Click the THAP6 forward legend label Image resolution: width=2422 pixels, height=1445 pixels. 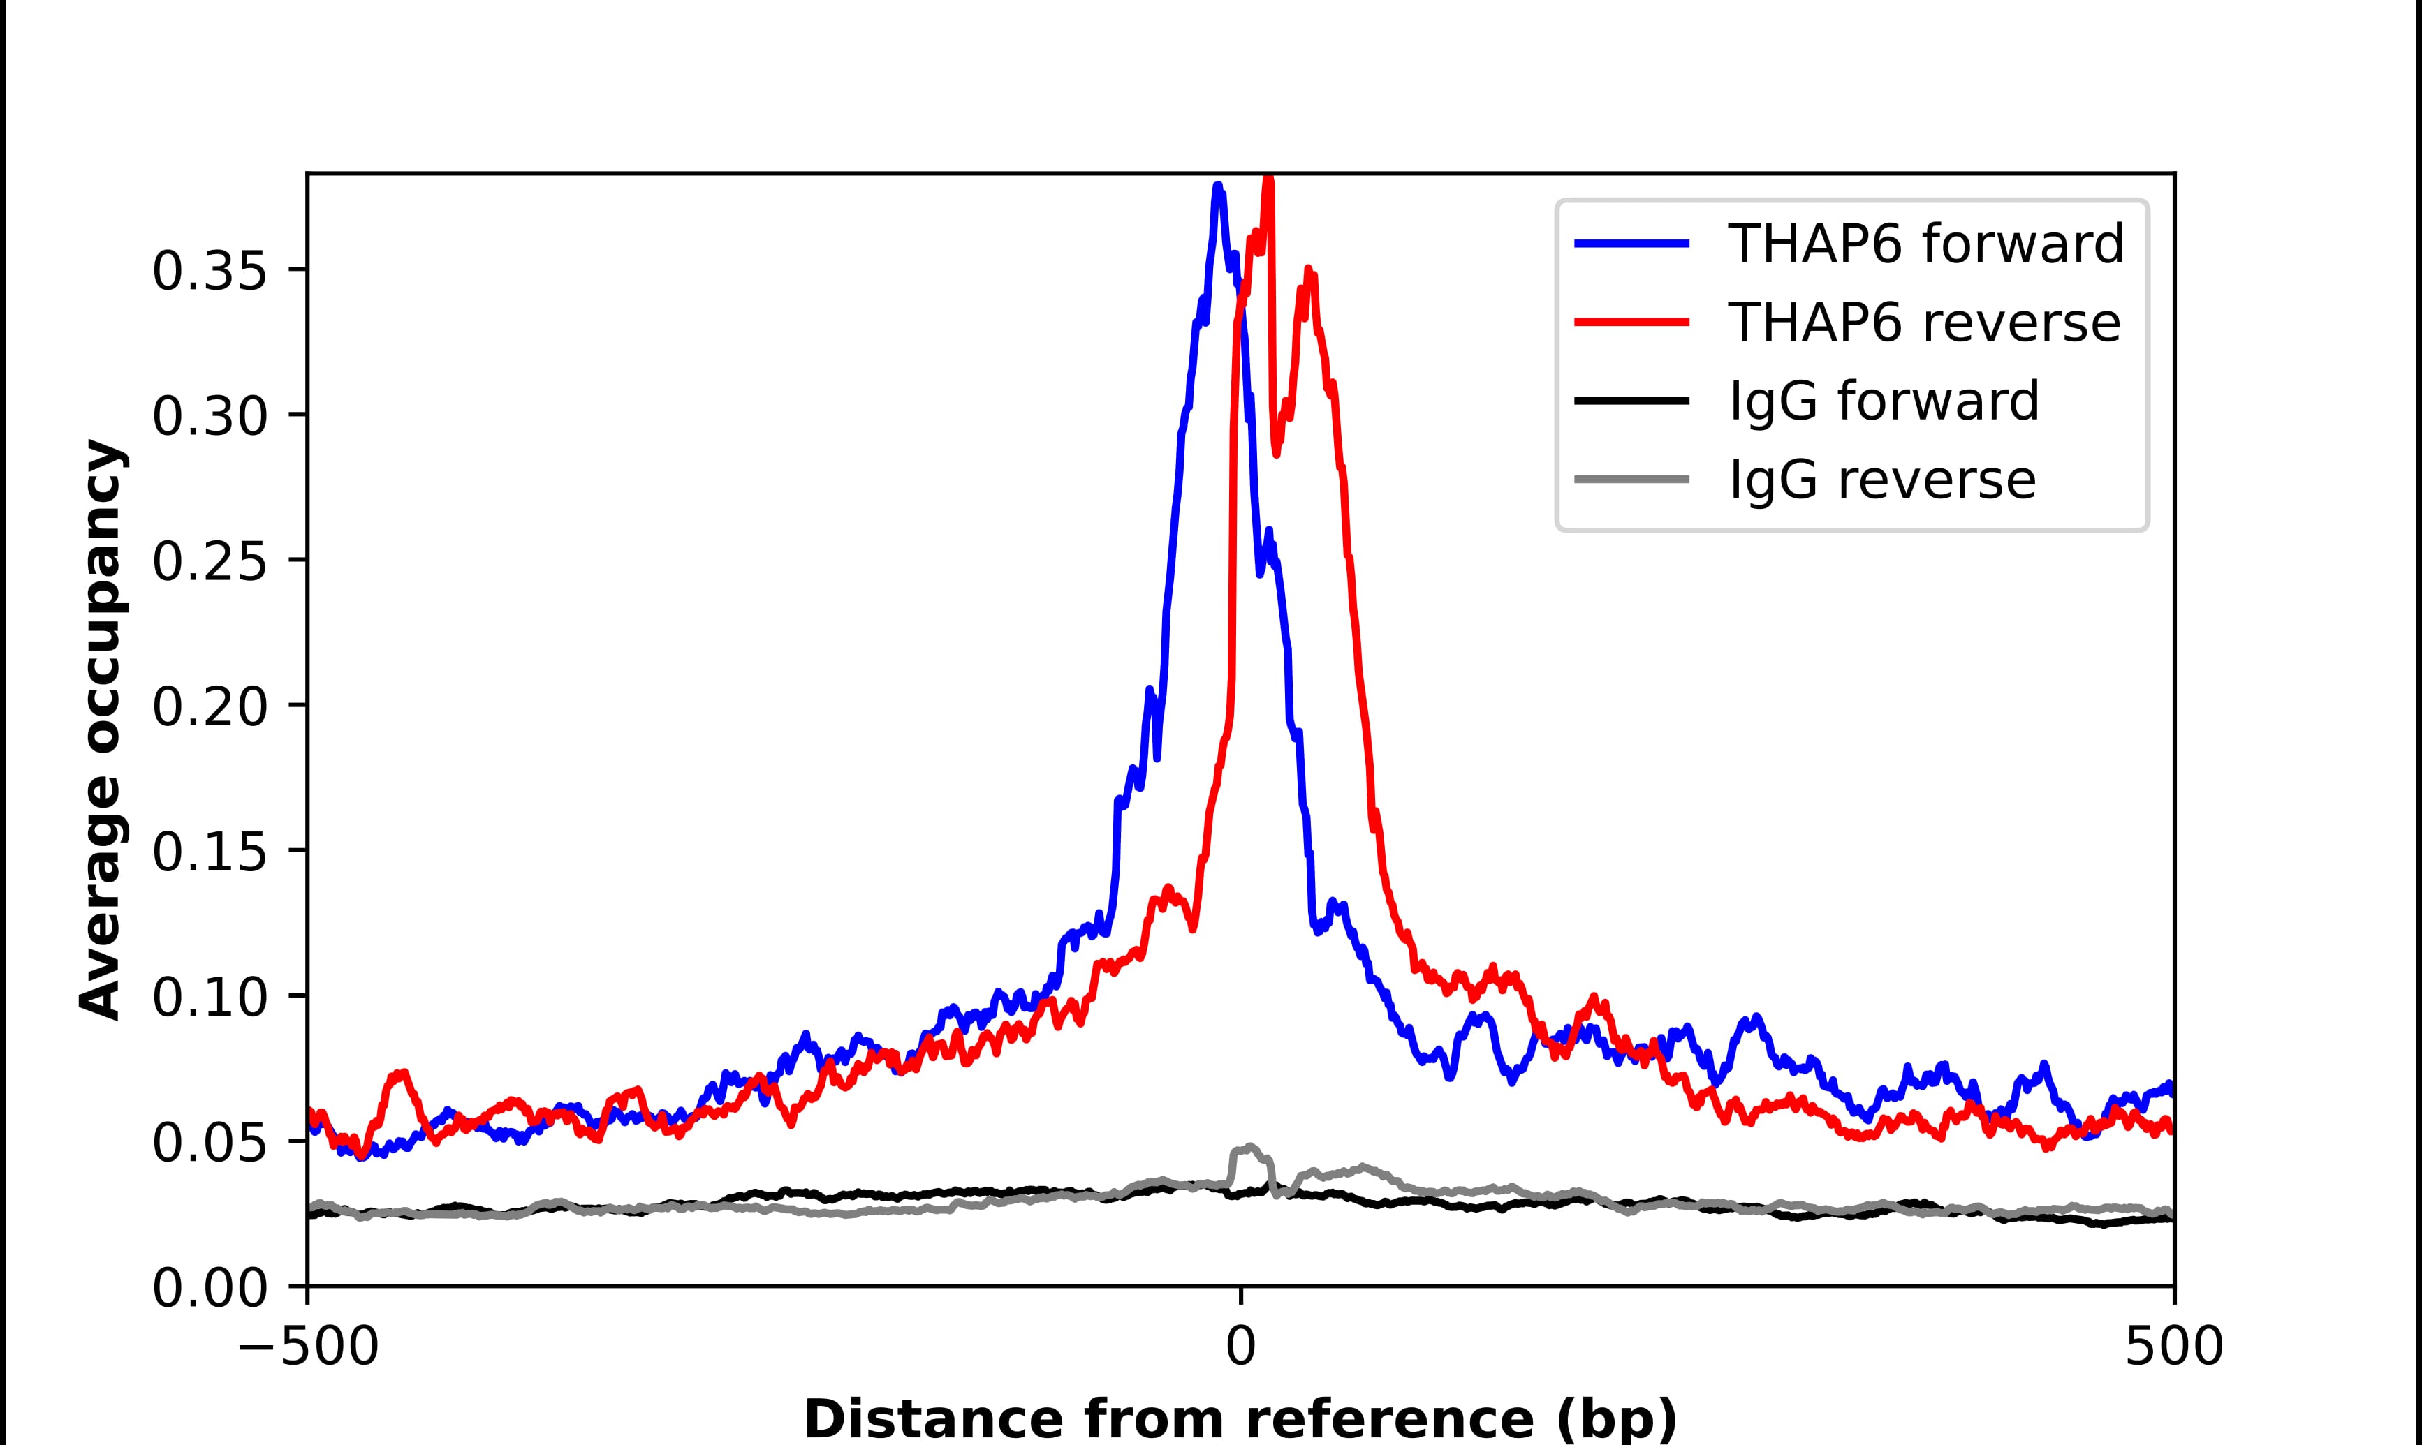click(1925, 244)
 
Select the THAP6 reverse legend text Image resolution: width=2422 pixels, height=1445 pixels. click(1923, 323)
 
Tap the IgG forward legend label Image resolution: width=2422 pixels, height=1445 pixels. click(1884, 401)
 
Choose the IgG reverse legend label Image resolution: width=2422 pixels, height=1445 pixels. click(1881, 480)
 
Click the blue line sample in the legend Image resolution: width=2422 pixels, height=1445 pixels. click(1632, 244)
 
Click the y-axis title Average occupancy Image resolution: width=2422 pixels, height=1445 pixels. click(101, 729)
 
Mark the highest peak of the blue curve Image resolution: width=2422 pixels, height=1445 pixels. click(1218, 186)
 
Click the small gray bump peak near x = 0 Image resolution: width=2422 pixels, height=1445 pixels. click(1249, 1147)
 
